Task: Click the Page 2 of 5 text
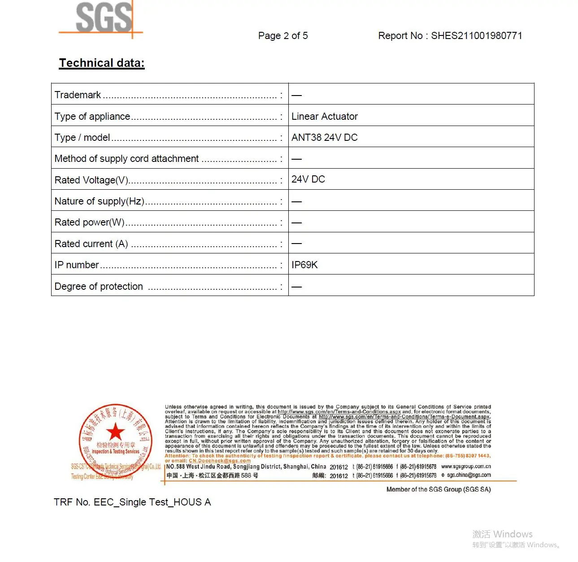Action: pyautogui.click(x=283, y=36)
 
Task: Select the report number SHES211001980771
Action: pyautogui.click(x=476, y=36)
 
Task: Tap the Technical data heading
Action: pyautogui.click(x=102, y=63)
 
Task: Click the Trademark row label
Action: pyautogui.click(x=78, y=95)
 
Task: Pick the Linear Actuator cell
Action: pyautogui.click(x=325, y=117)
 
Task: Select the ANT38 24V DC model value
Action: pyautogui.click(x=325, y=138)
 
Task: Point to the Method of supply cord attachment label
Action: pyautogui.click(x=126, y=159)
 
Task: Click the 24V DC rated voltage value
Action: pyautogui.click(x=308, y=179)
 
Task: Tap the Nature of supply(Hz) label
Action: pyautogui.click(x=100, y=201)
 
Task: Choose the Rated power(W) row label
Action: pyautogui.click(x=89, y=222)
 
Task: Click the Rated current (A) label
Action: pyautogui.click(x=91, y=244)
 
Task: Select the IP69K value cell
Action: pyautogui.click(x=304, y=265)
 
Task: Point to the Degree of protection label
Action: pyautogui.click(x=99, y=287)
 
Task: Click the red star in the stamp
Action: pyautogui.click(x=116, y=431)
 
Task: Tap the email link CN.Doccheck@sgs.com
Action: pyautogui.click(x=220, y=461)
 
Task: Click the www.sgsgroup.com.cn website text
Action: pyautogui.click(x=466, y=466)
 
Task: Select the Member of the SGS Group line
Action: pyautogui.click(x=438, y=489)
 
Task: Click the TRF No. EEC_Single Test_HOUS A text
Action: pyautogui.click(x=132, y=502)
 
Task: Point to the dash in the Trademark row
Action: pyautogui.click(x=296, y=96)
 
